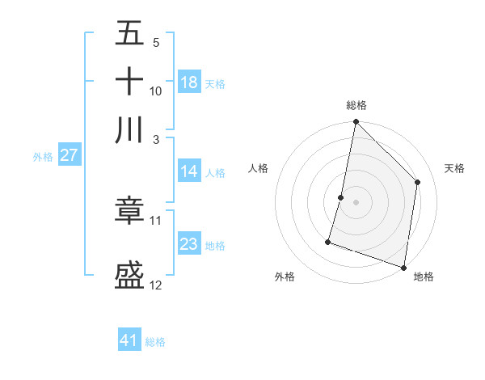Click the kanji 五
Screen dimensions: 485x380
pyautogui.click(x=129, y=35)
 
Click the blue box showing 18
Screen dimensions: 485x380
pyautogui.click(x=189, y=82)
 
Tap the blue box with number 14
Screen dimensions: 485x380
pyautogui.click(x=189, y=171)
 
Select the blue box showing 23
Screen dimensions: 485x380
pyautogui.click(x=189, y=244)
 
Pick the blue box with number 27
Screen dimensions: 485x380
pyautogui.click(x=69, y=156)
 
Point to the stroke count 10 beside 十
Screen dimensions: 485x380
pyautogui.click(x=156, y=91)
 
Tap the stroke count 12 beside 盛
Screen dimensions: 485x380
pyautogui.click(x=156, y=285)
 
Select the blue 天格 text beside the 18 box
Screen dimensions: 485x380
pyautogui.click(x=215, y=83)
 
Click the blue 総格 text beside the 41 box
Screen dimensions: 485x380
pyautogui.click(x=155, y=342)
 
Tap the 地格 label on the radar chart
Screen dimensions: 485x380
pyautogui.click(x=424, y=277)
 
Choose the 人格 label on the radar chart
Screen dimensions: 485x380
pyautogui.click(x=259, y=168)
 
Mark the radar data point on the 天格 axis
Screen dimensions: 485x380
pyautogui.click(x=418, y=182)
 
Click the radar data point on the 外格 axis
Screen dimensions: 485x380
pyautogui.click(x=328, y=241)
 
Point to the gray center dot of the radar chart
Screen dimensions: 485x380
pyautogui.click(x=356, y=201)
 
